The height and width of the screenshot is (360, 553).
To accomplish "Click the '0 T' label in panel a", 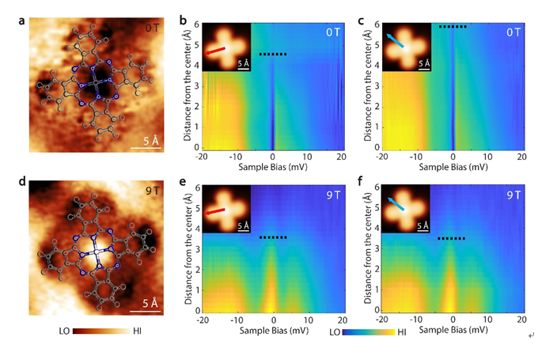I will [153, 28].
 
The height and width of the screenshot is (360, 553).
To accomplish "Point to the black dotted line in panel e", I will [273, 237].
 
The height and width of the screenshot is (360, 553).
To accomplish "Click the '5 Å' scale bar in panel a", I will [146, 145].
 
